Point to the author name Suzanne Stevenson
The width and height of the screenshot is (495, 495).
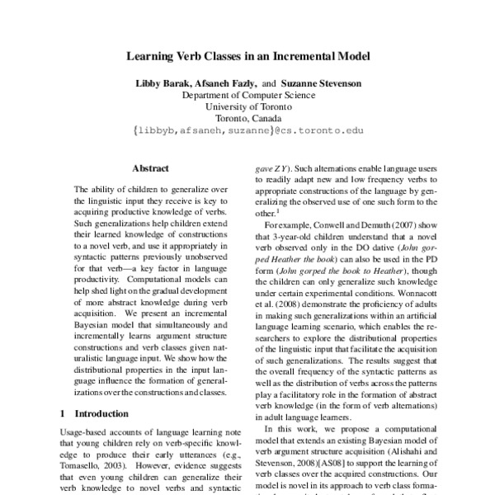click(321, 84)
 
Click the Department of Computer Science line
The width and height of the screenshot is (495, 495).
click(247, 96)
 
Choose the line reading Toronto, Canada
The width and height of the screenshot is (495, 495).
click(247, 119)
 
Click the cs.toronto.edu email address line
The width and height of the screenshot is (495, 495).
click(247, 130)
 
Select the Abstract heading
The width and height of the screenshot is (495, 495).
click(151, 168)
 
